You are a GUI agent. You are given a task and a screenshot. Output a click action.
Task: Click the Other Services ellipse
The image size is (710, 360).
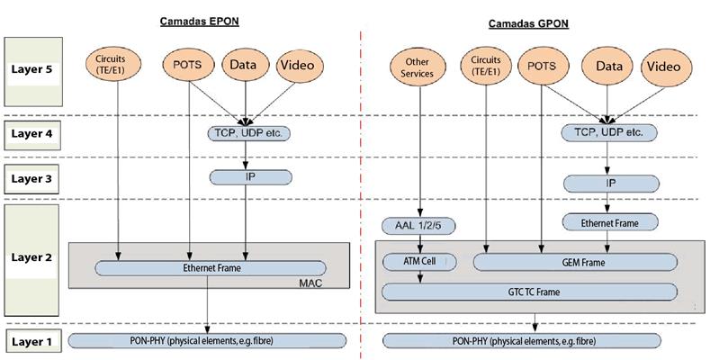413,68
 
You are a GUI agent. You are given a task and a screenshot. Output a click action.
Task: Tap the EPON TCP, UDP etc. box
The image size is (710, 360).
246,133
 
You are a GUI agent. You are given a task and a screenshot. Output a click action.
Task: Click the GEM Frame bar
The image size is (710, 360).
577,262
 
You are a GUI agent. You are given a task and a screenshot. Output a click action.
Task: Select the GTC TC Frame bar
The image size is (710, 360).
530,292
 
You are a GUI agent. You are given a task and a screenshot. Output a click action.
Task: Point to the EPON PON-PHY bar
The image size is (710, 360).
207,340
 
